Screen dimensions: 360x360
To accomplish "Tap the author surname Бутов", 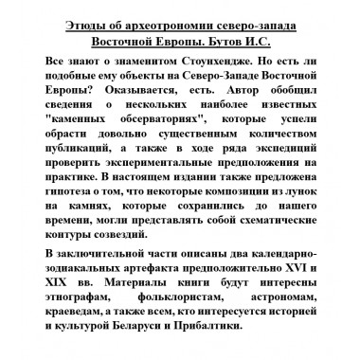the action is [246, 42].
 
